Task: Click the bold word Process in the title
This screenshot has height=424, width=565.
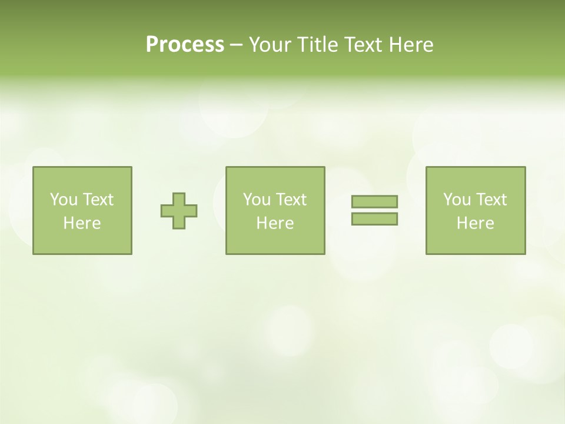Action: (x=185, y=45)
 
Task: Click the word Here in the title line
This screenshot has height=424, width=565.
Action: (x=411, y=45)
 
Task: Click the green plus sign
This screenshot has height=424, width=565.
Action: (x=179, y=210)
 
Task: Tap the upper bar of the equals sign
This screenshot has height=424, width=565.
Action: (x=374, y=201)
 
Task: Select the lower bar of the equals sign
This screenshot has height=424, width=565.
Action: (x=374, y=219)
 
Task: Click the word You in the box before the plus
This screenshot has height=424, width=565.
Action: (x=63, y=200)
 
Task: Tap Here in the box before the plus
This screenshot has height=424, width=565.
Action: (x=82, y=223)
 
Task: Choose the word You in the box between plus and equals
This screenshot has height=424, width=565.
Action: (x=256, y=200)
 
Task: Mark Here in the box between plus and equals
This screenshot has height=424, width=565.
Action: (x=275, y=223)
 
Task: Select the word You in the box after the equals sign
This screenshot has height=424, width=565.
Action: (x=456, y=200)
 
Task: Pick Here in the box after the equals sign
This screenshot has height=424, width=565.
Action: (x=475, y=223)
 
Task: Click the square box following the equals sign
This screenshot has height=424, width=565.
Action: (x=476, y=241)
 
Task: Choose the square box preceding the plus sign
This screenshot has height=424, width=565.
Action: (x=82, y=241)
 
